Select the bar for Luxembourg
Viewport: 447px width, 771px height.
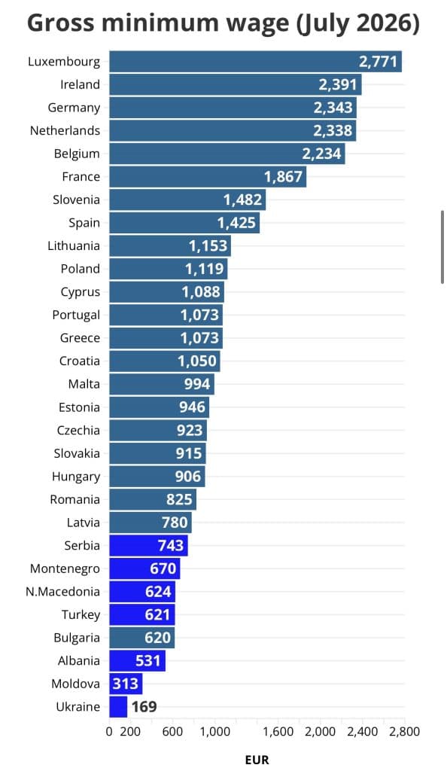click(x=255, y=62)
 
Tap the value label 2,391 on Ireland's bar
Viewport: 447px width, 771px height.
click(x=337, y=84)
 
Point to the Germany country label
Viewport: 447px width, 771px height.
click(x=74, y=108)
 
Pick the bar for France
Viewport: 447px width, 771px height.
click(x=208, y=176)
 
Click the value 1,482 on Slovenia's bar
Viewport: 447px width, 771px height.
click(x=242, y=200)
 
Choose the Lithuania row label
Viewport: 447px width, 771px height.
click(x=74, y=246)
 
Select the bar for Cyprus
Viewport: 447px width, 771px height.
click(x=166, y=291)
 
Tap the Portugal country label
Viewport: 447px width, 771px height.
click(x=76, y=315)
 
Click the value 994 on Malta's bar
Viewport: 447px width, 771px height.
click(x=197, y=384)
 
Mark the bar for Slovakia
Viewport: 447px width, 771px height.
click(x=157, y=453)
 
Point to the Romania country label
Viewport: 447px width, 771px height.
click(x=74, y=500)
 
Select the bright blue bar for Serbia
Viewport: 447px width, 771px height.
click(x=148, y=545)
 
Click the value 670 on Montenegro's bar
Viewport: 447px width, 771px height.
click(x=163, y=568)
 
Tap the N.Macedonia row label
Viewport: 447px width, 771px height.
click(x=63, y=592)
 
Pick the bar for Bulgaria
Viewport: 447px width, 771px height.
click(x=142, y=637)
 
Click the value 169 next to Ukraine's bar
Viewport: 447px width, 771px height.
click(x=144, y=706)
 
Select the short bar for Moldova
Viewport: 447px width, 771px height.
click(x=126, y=684)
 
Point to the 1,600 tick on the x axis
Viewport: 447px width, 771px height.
click(x=278, y=732)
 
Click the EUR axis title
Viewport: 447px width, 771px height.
click(x=257, y=760)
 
